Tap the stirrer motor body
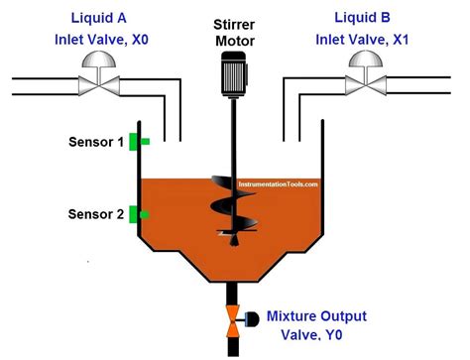pyautogui.click(x=234, y=73)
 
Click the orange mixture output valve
pyautogui.click(x=233, y=318)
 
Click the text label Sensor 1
pyautogui.click(x=96, y=143)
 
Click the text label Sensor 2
pyautogui.click(x=96, y=214)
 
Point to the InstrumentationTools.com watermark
pyautogui.click(x=277, y=183)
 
